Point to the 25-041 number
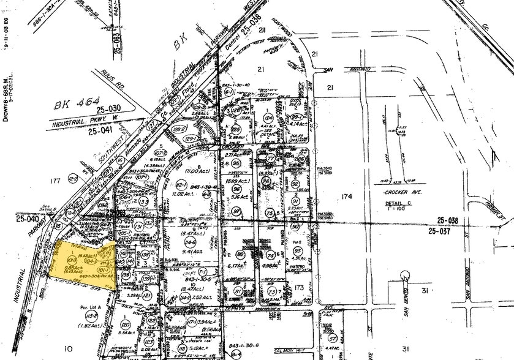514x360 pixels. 101,130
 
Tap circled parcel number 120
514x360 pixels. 126,324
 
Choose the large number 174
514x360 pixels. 346,196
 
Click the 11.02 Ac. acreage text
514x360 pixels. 186,193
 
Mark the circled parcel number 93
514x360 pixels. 297,252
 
